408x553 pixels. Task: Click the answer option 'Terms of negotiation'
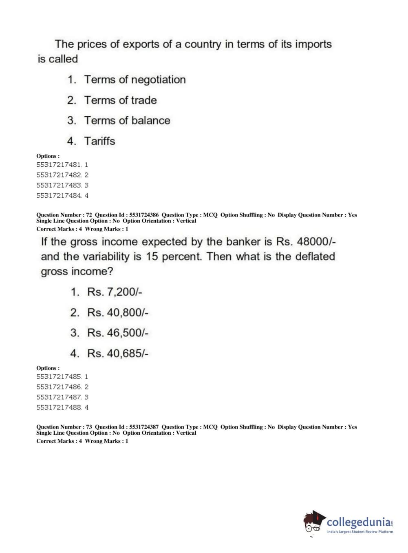(x=135, y=80)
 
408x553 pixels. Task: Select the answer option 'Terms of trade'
(x=120, y=100)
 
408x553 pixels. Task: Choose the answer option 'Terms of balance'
(x=127, y=121)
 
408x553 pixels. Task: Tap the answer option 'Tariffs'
(x=99, y=141)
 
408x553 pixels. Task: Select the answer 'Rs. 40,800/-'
(x=117, y=313)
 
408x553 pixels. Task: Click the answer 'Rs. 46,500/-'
(x=117, y=333)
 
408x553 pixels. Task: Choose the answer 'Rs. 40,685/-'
(x=117, y=354)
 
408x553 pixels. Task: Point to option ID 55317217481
(x=59, y=165)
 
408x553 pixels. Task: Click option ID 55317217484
(x=59, y=195)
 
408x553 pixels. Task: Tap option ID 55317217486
(x=59, y=387)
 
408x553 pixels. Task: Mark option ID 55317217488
(x=59, y=407)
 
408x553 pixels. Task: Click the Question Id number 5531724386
(x=144, y=215)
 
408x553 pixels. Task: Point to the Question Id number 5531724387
(x=144, y=427)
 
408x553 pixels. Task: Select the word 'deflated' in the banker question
(x=315, y=257)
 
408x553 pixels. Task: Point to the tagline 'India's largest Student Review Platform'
(x=360, y=532)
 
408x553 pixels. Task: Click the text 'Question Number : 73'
(x=64, y=427)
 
